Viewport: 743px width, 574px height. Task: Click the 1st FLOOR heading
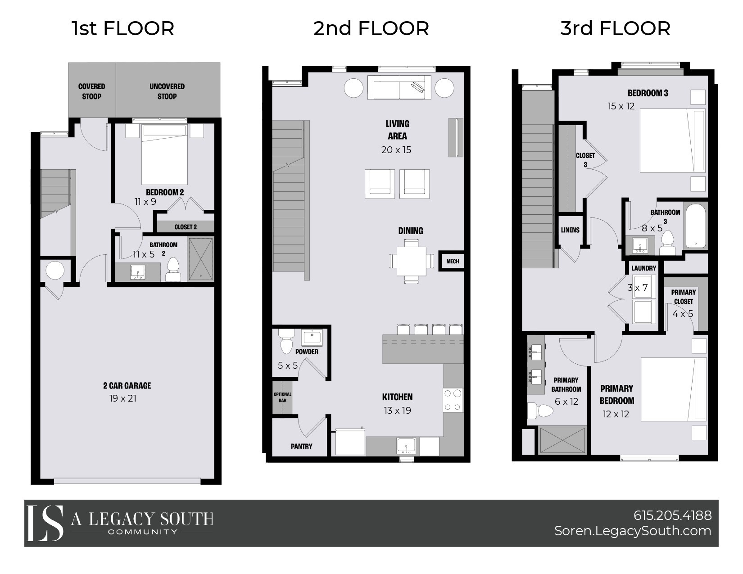pyautogui.click(x=122, y=28)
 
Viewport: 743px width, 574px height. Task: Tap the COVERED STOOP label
pyautogui.click(x=91, y=91)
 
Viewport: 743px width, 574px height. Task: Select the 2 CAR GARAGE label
pyautogui.click(x=127, y=386)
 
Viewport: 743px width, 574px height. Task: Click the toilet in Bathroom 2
pyautogui.click(x=172, y=270)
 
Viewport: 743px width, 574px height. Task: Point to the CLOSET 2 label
pyautogui.click(x=185, y=227)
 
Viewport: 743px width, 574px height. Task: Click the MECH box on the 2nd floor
pyautogui.click(x=452, y=261)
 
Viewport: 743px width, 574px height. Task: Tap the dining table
pyautogui.click(x=412, y=261)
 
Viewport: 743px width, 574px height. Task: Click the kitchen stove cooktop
pyautogui.click(x=453, y=400)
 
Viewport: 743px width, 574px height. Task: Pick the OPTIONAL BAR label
pyautogui.click(x=282, y=397)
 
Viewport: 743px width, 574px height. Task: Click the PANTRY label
pyautogui.click(x=301, y=446)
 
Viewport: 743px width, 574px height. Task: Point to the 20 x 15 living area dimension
pyautogui.click(x=396, y=150)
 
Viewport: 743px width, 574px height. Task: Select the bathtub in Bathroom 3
pyautogui.click(x=696, y=225)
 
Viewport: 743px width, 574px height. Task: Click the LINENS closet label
pyautogui.click(x=570, y=230)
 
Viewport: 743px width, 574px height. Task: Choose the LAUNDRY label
pyautogui.click(x=643, y=268)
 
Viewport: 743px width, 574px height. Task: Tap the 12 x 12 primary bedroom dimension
pyautogui.click(x=616, y=414)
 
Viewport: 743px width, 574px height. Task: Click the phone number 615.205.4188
pyautogui.click(x=672, y=515)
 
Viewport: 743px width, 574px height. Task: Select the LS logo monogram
pyautogui.click(x=45, y=523)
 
